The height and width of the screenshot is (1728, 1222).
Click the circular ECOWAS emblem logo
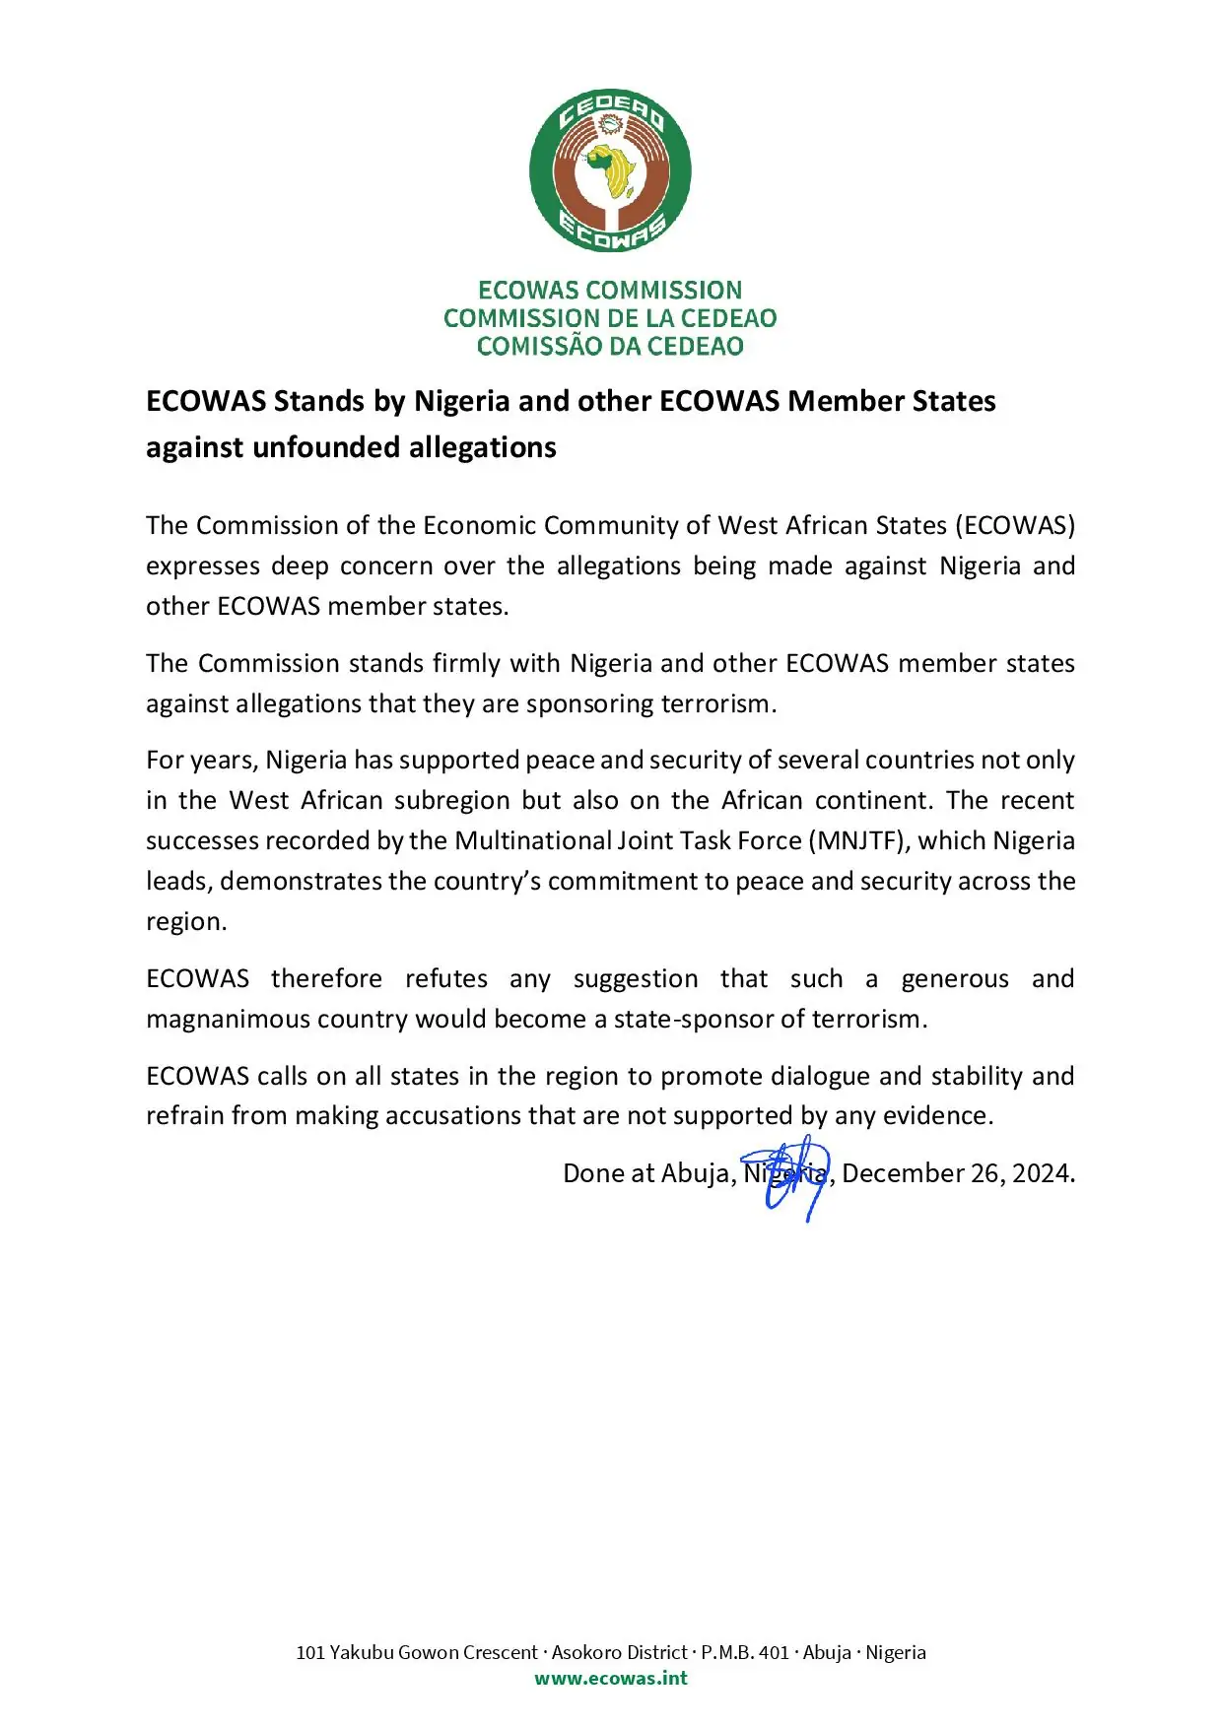point(610,169)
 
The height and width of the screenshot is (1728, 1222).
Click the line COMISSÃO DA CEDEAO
point(610,346)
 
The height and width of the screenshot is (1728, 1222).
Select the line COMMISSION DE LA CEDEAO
point(610,318)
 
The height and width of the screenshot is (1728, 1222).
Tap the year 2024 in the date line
point(1042,1173)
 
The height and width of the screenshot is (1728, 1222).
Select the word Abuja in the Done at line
point(696,1173)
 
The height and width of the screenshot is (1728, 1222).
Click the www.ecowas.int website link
point(611,1678)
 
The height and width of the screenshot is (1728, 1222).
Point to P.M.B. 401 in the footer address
point(745,1652)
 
